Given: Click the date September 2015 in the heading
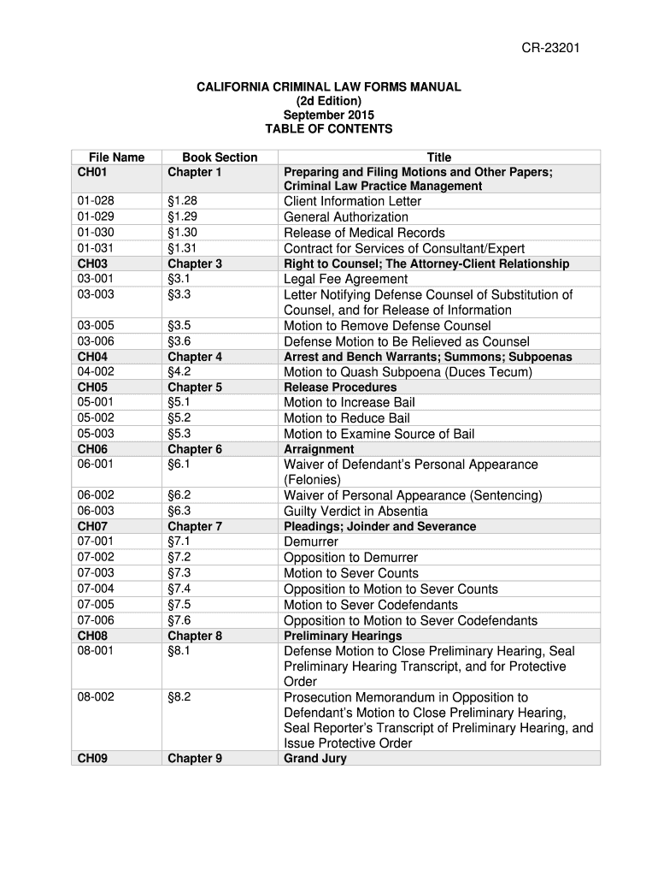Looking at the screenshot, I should pyautogui.click(x=329, y=115).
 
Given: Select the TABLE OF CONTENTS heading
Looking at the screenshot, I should pyautogui.click(x=329, y=129).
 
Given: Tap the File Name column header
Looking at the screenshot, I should pyautogui.click(x=117, y=157).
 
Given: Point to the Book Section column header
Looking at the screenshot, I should pyautogui.click(x=220, y=157).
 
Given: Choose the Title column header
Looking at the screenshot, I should pyautogui.click(x=439, y=157).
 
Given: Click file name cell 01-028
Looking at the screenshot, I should pyautogui.click(x=95, y=201).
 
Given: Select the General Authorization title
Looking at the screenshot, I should pyautogui.click(x=345, y=216).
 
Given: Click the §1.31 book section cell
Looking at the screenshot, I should pyautogui.click(x=183, y=248).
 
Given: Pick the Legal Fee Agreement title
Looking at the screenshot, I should pyautogui.click(x=345, y=279).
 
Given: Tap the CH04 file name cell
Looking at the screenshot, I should pyautogui.click(x=92, y=357).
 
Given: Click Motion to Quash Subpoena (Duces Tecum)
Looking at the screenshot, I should pyautogui.click(x=408, y=372).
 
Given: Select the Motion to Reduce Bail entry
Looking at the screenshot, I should pyautogui.click(x=346, y=418).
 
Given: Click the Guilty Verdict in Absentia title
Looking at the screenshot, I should pyautogui.click(x=355, y=511).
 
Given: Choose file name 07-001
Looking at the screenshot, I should pyautogui.click(x=95, y=542).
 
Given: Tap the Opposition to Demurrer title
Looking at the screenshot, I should pyautogui.click(x=350, y=558).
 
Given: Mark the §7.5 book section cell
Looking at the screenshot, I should pyautogui.click(x=179, y=605).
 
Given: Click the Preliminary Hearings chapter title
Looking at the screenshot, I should pyautogui.click(x=343, y=636).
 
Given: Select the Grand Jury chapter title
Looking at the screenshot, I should pyautogui.click(x=315, y=758).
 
